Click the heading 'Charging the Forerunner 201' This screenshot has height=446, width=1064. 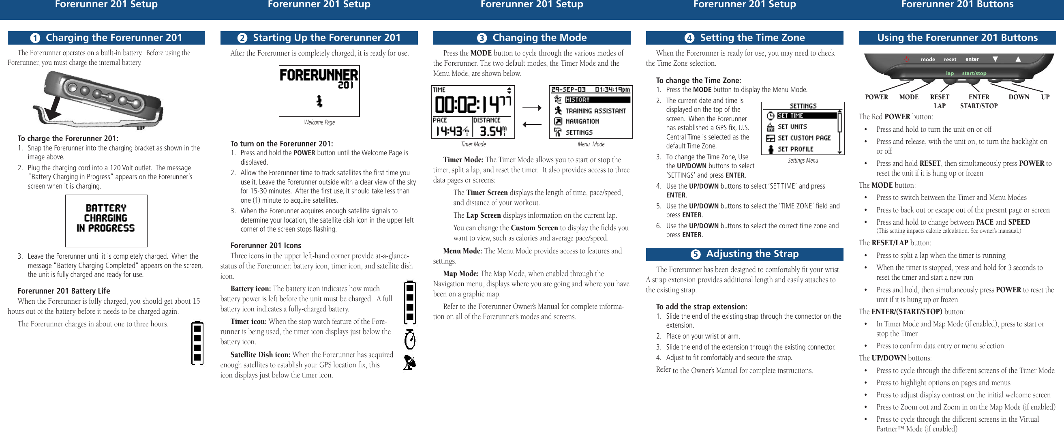pyautogui.click(x=113, y=38)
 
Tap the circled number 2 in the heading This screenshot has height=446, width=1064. pyautogui.click(x=242, y=38)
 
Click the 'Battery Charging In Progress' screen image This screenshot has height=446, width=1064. pyautogui.click(x=106, y=221)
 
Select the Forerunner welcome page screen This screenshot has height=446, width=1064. pyautogui.click(x=319, y=90)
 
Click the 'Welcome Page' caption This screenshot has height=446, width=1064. pyautogui.click(x=319, y=122)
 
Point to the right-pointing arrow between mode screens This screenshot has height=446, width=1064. pyautogui.click(x=531, y=108)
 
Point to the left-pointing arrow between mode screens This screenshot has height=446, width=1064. pyautogui.click(x=531, y=124)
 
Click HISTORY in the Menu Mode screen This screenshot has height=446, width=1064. pyautogui.click(x=578, y=100)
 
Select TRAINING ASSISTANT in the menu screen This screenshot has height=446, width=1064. pyautogui.click(x=595, y=111)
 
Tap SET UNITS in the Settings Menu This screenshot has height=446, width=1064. pyautogui.click(x=792, y=127)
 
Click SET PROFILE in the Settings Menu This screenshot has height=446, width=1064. pyautogui.click(x=795, y=149)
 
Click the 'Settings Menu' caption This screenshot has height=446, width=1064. pyautogui.click(x=803, y=161)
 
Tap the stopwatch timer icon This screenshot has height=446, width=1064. pyautogui.click(x=409, y=339)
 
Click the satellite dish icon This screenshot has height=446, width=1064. pyautogui.click(x=409, y=362)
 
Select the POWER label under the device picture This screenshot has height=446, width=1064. pyautogui.click(x=876, y=97)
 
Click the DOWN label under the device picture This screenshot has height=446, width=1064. pyautogui.click(x=1019, y=97)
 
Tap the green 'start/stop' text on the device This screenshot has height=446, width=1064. pyautogui.click(x=974, y=73)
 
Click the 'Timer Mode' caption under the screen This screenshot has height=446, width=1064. pyautogui.click(x=473, y=144)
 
